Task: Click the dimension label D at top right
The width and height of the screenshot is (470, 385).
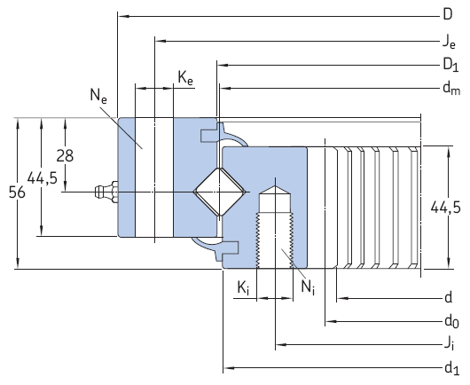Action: (448, 13)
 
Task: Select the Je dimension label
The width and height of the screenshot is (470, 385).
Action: (449, 40)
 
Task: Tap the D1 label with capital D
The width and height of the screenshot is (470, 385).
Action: (450, 64)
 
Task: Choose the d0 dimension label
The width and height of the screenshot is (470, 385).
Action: (450, 320)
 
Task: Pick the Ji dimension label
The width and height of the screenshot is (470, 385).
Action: (450, 343)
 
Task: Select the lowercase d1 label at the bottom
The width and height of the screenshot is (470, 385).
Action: (450, 366)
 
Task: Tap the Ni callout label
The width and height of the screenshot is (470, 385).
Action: (307, 287)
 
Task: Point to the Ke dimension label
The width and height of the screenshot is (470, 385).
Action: (185, 79)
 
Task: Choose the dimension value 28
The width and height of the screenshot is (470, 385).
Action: (65, 155)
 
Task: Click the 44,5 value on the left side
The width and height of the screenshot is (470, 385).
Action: (42, 178)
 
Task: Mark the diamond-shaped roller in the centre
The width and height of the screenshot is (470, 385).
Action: (218, 191)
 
